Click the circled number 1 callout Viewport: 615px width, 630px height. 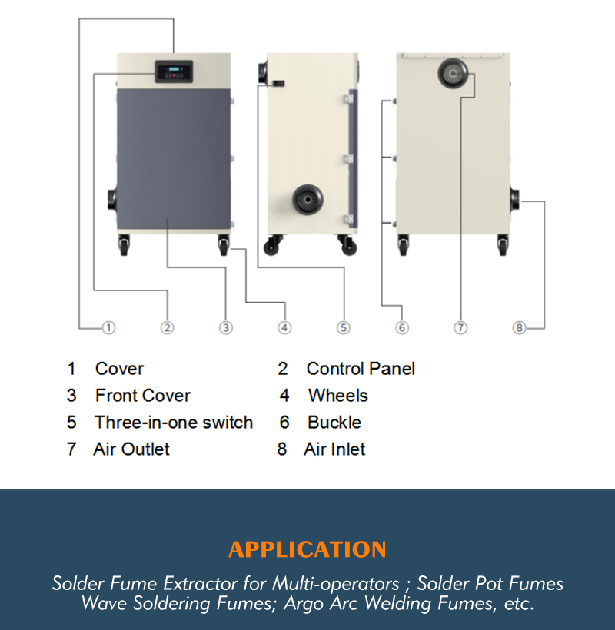pos(108,327)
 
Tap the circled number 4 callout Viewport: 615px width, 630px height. pos(284,327)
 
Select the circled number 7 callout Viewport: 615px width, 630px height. pos(460,327)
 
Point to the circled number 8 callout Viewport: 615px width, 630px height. pos(519,327)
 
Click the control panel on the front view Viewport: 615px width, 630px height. pos(173,72)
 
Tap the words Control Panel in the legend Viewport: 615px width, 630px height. pos(361,369)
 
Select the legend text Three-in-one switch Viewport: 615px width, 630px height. pos(174,423)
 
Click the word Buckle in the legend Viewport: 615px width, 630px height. pos(334,423)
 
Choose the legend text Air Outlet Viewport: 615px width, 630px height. pos(131,449)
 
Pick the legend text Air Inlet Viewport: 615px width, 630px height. pos(334,449)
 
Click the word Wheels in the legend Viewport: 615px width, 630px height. pos(337,396)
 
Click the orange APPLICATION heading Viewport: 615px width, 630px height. pos(307,550)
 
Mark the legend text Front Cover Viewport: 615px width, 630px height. pos(142,396)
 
